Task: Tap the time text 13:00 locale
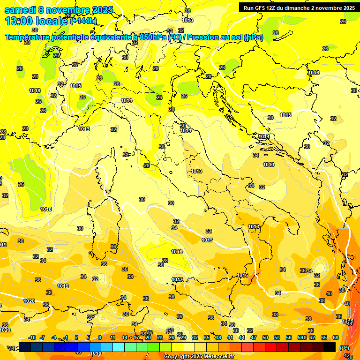(36, 21)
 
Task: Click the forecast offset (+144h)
(83, 21)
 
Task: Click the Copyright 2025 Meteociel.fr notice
(198, 356)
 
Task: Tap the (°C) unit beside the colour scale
(344, 347)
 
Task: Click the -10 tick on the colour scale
(32, 337)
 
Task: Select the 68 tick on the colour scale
(336, 337)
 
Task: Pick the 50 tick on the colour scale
(265, 337)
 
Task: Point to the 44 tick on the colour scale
(242, 337)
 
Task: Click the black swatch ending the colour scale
(330, 347)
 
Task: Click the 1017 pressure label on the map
(177, 280)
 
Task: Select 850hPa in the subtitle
(152, 37)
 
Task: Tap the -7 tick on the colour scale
(42, 337)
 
